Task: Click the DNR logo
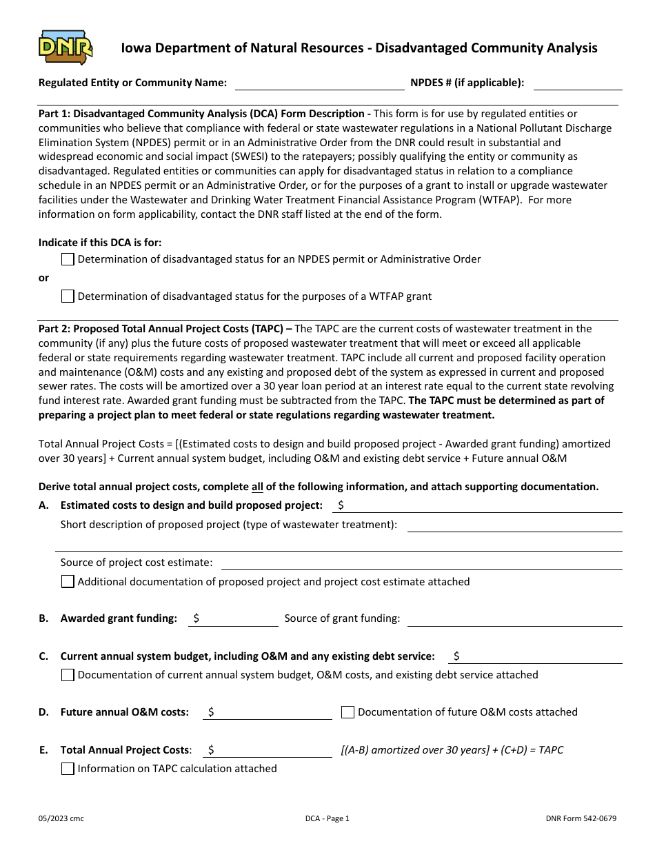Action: pyautogui.click(x=65, y=48)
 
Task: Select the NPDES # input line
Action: pyautogui.click(x=578, y=83)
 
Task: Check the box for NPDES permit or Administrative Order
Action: pyautogui.click(x=68, y=259)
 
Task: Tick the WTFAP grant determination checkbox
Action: pyautogui.click(x=68, y=296)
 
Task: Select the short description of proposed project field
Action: pyautogui.click(x=514, y=525)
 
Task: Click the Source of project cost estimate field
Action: pyautogui.click(x=421, y=563)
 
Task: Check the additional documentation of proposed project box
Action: pyautogui.click(x=68, y=582)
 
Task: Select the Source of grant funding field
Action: pyautogui.click(x=514, y=618)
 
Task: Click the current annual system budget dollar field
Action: pyautogui.click(x=535, y=656)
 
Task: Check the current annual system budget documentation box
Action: pyautogui.click(x=68, y=675)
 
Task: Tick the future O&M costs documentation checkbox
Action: pyautogui.click(x=348, y=712)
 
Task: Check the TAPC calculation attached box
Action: pyautogui.click(x=68, y=769)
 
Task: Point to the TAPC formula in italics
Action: pyautogui.click(x=452, y=750)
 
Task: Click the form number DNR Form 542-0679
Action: pyautogui.click(x=580, y=819)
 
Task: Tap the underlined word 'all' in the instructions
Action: pyautogui.click(x=257, y=487)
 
